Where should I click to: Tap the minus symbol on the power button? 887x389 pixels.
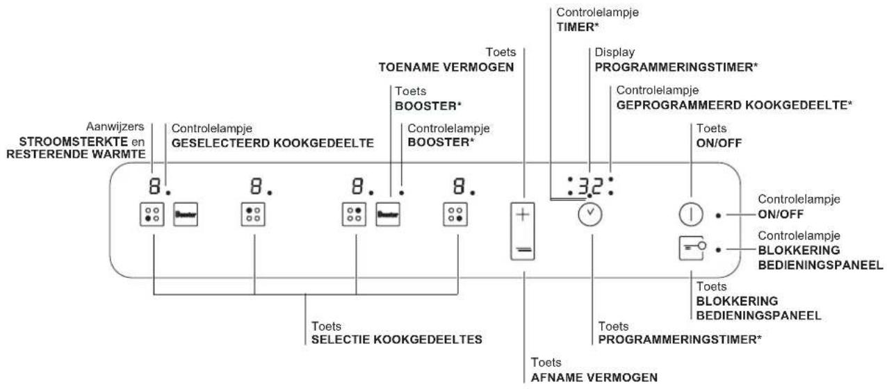click(524, 247)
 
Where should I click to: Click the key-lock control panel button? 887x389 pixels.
click(692, 248)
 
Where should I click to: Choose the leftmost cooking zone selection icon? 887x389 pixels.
click(152, 214)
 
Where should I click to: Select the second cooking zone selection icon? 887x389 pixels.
click(254, 214)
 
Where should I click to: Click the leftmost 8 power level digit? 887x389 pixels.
click(153, 185)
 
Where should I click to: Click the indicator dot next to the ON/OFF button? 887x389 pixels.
click(719, 215)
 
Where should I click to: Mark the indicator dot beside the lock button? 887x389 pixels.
click(719, 248)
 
